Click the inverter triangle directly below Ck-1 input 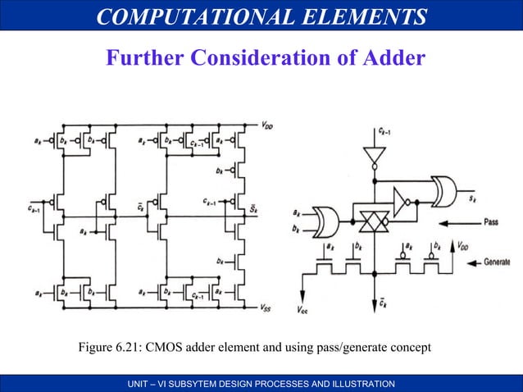(x=373, y=154)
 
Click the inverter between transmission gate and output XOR (x=402, y=199)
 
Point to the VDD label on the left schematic (x=269, y=125)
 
